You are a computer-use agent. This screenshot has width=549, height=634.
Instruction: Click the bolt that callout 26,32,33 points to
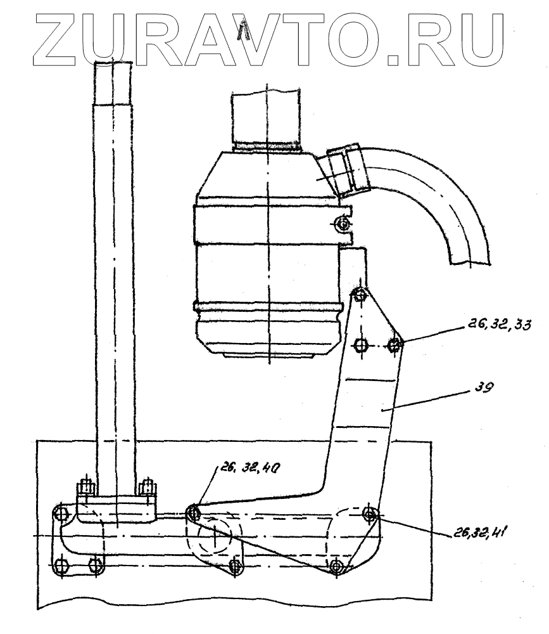[x=394, y=345]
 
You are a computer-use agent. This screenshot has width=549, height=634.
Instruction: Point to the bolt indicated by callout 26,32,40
[x=192, y=512]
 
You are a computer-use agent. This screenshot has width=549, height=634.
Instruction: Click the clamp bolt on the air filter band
[x=343, y=224]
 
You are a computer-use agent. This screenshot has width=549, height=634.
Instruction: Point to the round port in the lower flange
[x=216, y=539]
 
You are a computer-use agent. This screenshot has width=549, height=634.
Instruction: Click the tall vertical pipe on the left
[x=113, y=254]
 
